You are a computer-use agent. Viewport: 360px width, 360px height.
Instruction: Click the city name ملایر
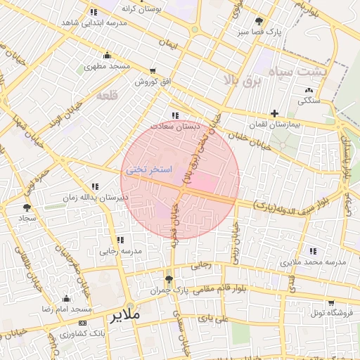(x=126, y=316)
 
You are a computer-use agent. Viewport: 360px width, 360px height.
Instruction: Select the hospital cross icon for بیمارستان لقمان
(x=274, y=113)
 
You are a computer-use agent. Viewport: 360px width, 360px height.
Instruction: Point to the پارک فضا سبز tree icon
(x=259, y=21)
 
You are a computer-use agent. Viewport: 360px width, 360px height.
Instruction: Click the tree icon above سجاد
(x=27, y=207)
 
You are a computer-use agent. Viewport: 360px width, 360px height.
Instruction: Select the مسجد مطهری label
(x=108, y=66)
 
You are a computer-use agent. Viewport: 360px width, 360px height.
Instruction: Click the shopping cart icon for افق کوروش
(x=153, y=71)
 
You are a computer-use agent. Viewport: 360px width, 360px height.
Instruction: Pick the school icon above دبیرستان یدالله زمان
(x=95, y=186)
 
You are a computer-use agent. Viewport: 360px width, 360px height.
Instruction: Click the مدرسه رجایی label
(x=120, y=250)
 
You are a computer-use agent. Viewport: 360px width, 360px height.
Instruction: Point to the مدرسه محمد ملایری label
(x=314, y=262)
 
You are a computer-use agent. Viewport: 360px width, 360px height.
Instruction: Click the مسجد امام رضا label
(x=67, y=309)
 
